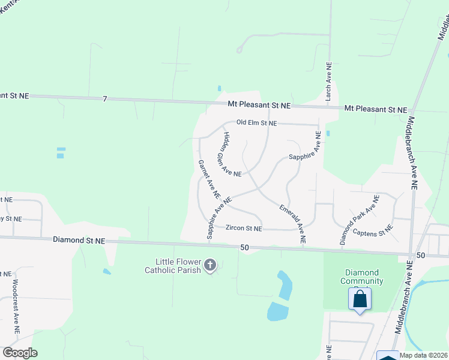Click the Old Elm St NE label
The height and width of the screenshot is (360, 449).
256,123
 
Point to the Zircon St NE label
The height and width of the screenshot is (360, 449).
244,229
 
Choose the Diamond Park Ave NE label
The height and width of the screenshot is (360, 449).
360,219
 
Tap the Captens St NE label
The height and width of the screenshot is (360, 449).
372,230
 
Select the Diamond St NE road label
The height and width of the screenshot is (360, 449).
79,240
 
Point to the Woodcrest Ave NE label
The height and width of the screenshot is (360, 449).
16,306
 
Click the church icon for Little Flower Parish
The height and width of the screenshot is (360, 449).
210,265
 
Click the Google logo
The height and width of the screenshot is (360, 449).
20,353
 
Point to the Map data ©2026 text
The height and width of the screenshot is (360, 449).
423,355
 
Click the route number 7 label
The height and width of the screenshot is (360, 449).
104,98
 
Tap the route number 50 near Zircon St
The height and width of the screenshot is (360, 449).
244,247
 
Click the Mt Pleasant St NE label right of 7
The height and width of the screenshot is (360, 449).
259,105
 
